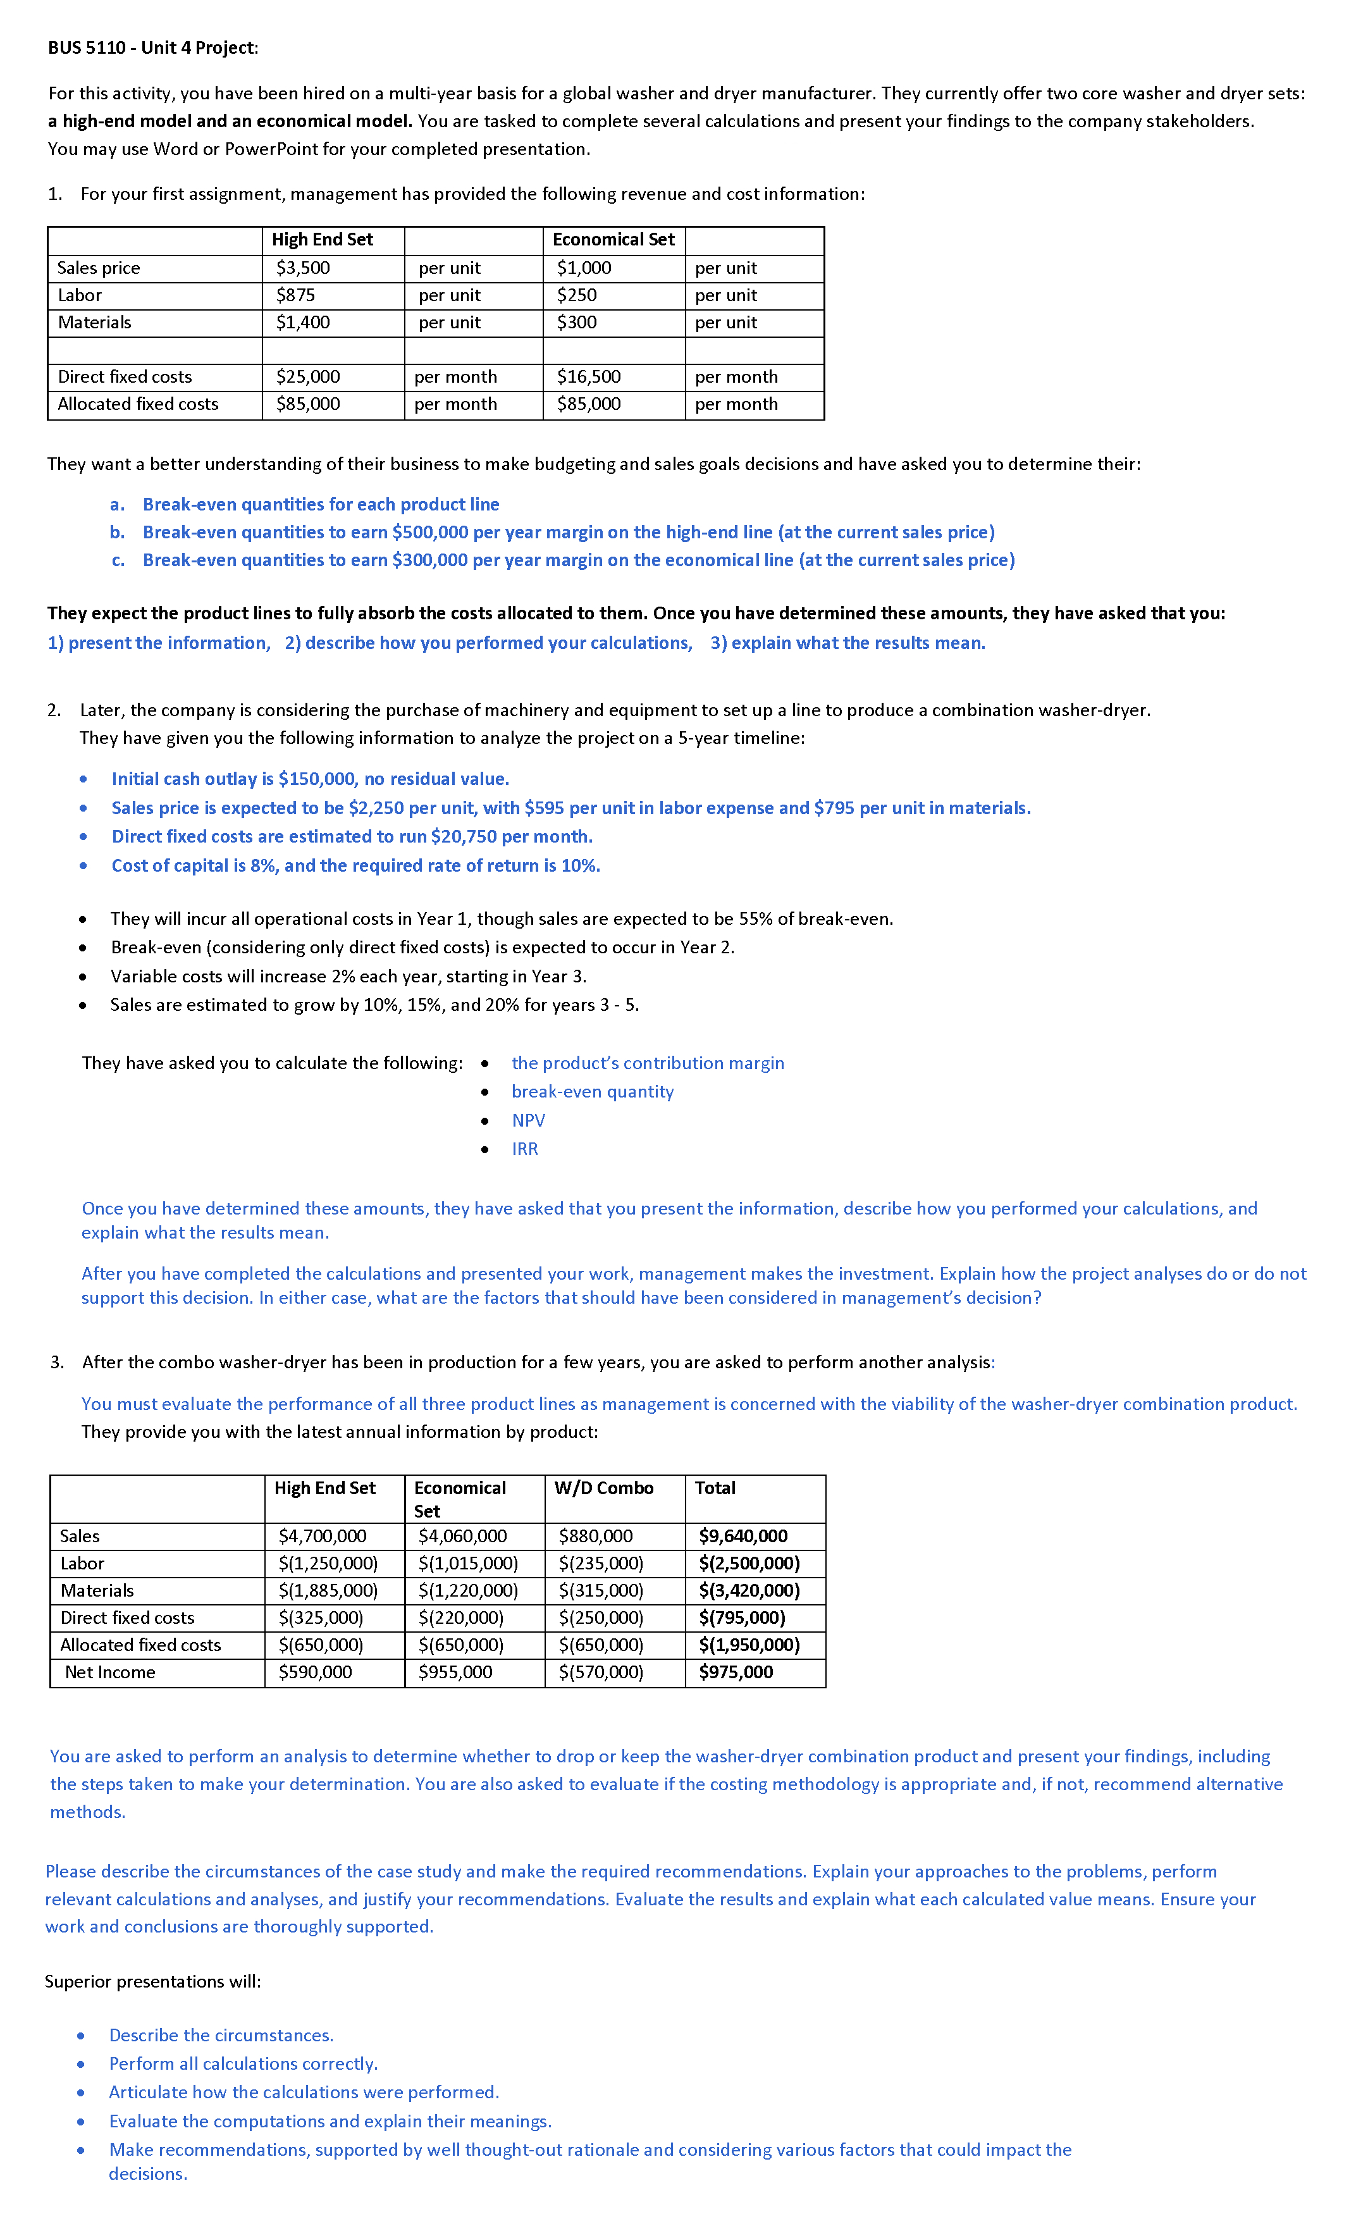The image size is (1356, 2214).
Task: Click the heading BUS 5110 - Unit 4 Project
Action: click(153, 47)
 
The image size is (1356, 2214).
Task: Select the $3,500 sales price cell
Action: click(303, 268)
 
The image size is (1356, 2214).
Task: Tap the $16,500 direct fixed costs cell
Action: click(589, 376)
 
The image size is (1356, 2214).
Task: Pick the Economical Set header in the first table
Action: click(613, 239)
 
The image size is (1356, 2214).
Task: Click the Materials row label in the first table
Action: click(94, 322)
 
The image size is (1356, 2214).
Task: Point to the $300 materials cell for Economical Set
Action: click(577, 322)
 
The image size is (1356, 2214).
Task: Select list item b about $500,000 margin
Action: click(568, 532)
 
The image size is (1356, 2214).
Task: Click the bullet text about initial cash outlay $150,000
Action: click(310, 779)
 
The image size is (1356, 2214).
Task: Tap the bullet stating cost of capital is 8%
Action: click(355, 865)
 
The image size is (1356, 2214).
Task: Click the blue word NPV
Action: click(528, 1120)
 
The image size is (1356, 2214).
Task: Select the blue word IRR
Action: click(525, 1149)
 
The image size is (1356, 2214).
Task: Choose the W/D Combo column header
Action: click(604, 1488)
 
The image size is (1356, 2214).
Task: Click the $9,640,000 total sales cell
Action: click(743, 1536)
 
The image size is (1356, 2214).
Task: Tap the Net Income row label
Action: click(109, 1672)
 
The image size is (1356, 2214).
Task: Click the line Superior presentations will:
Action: click(153, 1981)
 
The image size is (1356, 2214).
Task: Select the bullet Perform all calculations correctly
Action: click(243, 2064)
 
